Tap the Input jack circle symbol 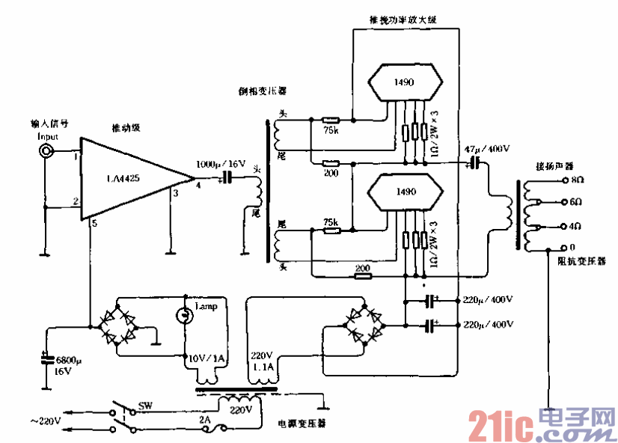tap(47, 151)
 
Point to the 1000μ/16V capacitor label tap(221, 163)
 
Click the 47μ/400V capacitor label tap(487, 150)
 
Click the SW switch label tap(145, 407)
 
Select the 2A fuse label tap(205, 421)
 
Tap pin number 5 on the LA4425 tap(94, 223)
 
